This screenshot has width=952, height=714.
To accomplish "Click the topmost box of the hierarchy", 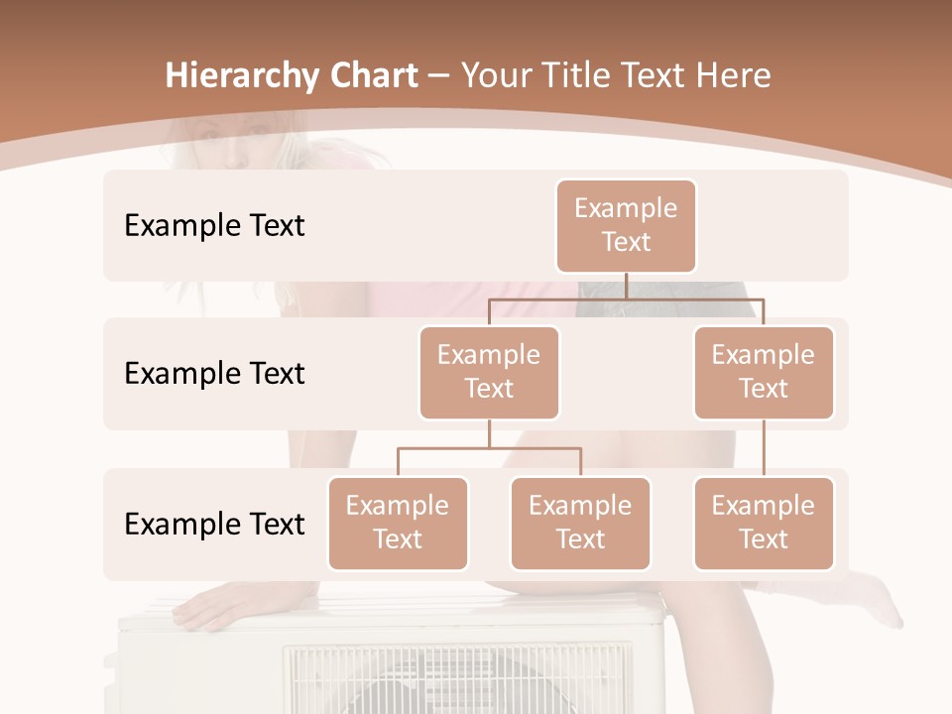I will (626, 225).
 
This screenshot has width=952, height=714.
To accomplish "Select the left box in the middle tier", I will (489, 372).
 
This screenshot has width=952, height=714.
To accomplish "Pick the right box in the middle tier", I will (764, 372).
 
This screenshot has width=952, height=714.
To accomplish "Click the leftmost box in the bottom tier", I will (398, 523).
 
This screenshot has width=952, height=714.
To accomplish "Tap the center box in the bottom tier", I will (580, 523).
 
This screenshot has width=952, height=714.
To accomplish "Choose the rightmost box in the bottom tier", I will (764, 523).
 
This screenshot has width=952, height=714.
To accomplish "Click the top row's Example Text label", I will (214, 225).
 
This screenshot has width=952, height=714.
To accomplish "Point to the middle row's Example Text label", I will (214, 373).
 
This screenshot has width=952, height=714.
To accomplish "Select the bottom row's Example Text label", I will (214, 524).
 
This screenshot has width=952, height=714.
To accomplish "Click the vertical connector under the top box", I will (626, 286).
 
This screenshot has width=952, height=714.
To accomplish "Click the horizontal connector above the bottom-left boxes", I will (489, 448).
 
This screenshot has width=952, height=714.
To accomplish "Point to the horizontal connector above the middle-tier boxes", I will (626, 298).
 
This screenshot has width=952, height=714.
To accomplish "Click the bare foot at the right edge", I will (877, 600).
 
